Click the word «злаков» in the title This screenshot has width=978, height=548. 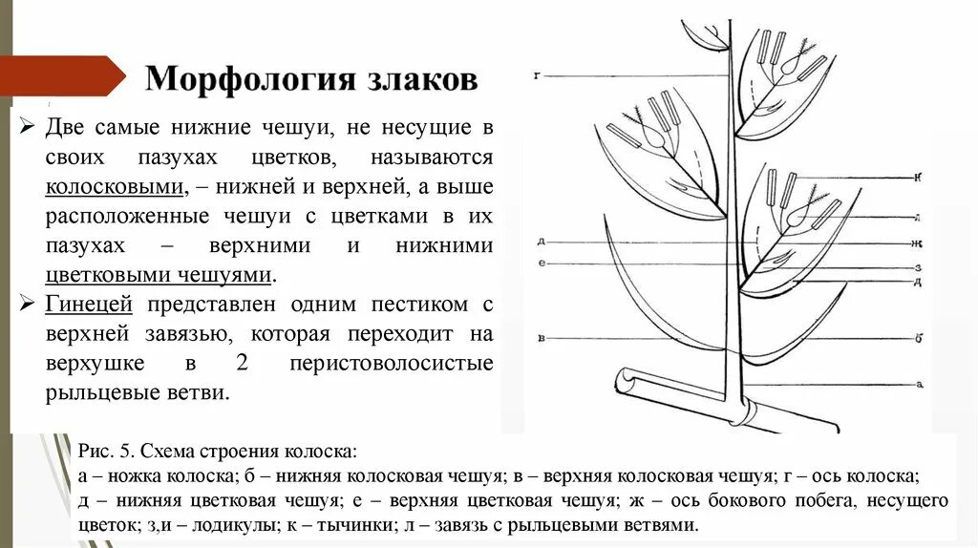(x=422, y=78)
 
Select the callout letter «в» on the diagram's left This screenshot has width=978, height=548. (x=541, y=337)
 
